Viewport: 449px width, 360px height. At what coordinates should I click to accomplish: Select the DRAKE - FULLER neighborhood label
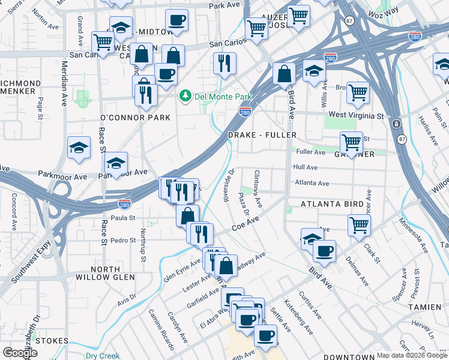point(262,136)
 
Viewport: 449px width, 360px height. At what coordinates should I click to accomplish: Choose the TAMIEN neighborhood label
point(425,307)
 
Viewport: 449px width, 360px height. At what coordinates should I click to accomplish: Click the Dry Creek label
point(103,355)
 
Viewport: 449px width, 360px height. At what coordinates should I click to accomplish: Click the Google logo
point(20,353)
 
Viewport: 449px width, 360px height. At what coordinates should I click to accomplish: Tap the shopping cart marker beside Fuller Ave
point(351,143)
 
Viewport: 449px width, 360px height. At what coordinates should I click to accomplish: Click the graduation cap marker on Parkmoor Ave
point(116,163)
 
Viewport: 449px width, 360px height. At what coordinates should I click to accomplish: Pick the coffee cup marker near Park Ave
point(176,20)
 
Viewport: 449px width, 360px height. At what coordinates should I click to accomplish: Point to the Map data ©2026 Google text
point(412,355)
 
